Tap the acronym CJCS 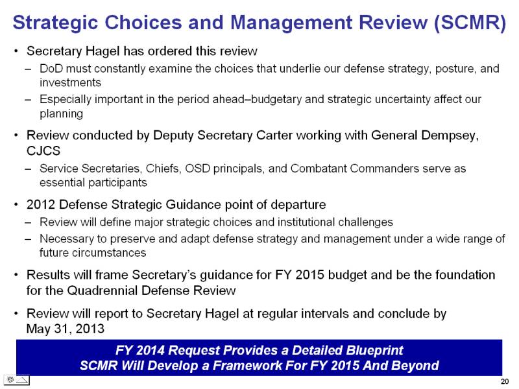[x=43, y=151]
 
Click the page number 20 [x=505, y=381]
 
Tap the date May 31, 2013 [x=66, y=329]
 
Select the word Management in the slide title [x=291, y=23]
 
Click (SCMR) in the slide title [x=470, y=23]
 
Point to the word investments [x=70, y=82]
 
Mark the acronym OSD [x=198, y=169]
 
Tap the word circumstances [x=93, y=253]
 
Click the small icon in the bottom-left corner [x=17, y=380]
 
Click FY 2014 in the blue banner [x=140, y=350]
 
